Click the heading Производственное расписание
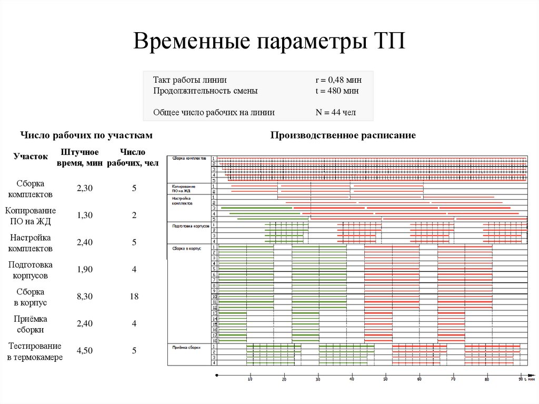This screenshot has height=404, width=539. click(343, 135)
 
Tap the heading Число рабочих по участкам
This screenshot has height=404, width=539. click(86, 135)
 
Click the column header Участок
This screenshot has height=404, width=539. click(31, 156)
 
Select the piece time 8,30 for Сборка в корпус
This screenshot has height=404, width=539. click(85, 297)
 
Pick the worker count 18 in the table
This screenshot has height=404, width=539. click(134, 297)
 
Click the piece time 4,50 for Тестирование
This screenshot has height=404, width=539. click(85, 351)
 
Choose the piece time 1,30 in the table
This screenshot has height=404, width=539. click(85, 215)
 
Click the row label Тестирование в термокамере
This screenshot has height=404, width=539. click(35, 351)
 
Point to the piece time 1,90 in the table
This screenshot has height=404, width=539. click(85, 269)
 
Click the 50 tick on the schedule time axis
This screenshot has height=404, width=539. click(385, 379)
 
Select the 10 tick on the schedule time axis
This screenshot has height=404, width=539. click(250, 379)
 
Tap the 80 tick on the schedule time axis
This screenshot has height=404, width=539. click(487, 379)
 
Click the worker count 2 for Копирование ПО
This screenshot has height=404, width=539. click(134, 215)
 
